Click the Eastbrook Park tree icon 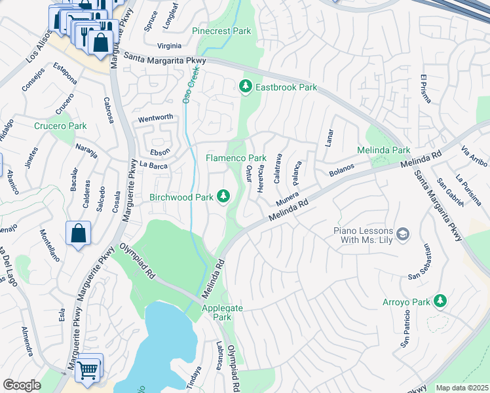[246, 86]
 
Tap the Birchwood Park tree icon [223, 196]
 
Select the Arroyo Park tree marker [441, 301]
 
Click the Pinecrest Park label [221, 31]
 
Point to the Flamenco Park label [236, 158]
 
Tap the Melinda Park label [383, 150]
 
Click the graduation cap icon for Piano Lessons [403, 234]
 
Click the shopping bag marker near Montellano [78, 233]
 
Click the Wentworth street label [155, 118]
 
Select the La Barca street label [154, 166]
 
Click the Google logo [22, 385]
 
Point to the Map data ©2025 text [462, 388]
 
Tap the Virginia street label [169, 46]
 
